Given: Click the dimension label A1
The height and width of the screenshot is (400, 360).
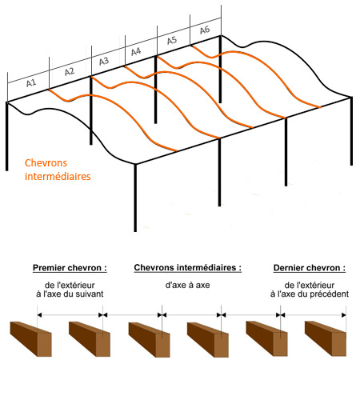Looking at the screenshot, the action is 31,83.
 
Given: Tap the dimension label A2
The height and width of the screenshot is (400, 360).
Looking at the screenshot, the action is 70,72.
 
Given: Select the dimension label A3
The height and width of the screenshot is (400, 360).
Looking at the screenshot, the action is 104,62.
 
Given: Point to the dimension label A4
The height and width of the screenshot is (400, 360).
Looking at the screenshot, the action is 136,51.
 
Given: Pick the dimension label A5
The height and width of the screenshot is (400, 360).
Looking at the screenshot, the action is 172,40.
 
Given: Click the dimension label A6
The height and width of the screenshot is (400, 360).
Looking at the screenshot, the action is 205,30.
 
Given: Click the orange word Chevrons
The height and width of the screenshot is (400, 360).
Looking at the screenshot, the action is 46,163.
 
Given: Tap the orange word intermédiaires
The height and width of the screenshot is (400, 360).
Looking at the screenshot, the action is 58,177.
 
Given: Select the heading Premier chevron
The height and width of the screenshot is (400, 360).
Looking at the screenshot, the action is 70,268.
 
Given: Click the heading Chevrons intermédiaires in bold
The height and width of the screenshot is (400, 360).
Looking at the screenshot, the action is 187,268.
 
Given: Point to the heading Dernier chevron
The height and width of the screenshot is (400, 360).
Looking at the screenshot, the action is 310,268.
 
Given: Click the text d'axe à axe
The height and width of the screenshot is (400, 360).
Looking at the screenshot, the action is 187,285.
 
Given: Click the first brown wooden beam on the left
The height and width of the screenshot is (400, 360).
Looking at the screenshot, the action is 30,339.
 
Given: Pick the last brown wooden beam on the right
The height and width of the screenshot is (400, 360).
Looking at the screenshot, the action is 326,338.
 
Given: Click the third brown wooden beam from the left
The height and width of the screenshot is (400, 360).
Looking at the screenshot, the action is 149,339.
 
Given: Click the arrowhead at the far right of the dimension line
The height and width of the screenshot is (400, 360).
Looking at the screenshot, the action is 344,315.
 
